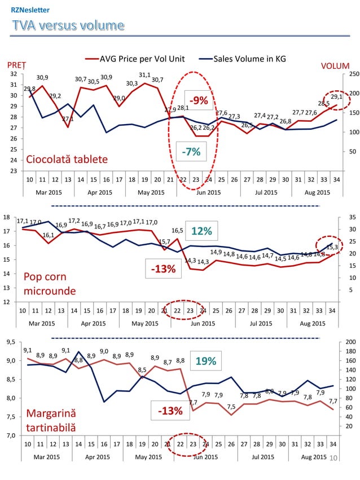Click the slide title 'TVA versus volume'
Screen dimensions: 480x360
pos(67,25)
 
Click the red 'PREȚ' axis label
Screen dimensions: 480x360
pos(16,65)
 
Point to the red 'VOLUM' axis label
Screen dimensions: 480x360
pos(335,65)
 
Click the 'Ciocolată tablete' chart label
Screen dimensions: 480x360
pos(67,159)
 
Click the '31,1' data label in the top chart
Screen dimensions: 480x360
pos(144,74)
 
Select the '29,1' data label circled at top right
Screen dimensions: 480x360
pos(336,97)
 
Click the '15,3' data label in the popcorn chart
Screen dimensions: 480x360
pos(332,247)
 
